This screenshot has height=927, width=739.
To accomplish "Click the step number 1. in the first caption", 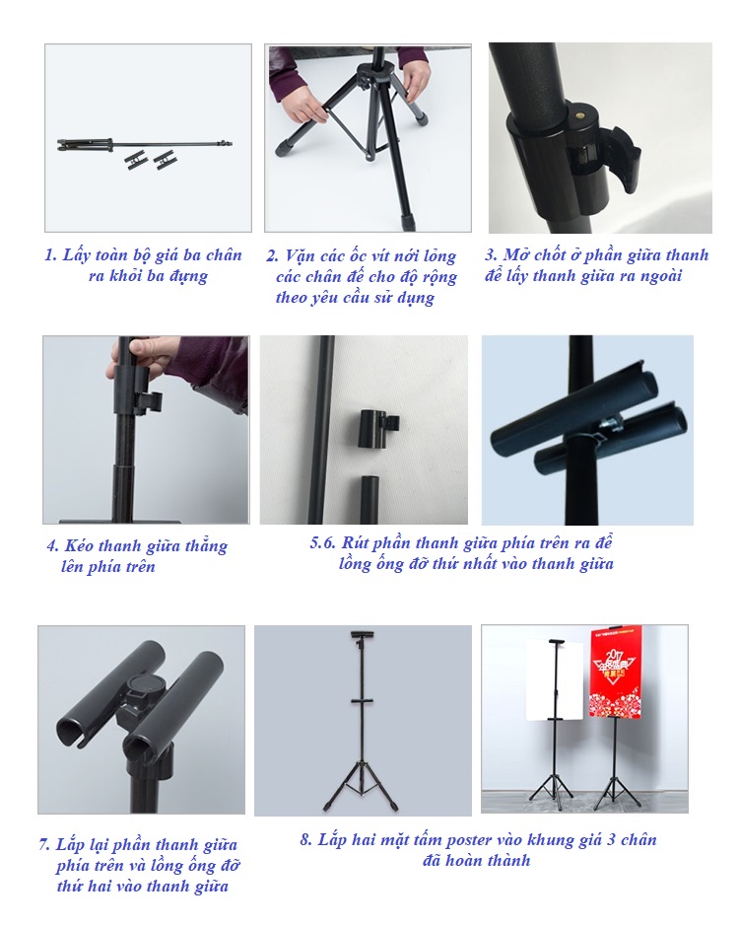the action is (50, 255).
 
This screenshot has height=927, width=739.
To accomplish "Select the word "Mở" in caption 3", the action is (515, 254).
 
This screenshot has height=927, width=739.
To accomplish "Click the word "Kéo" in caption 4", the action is (79, 545).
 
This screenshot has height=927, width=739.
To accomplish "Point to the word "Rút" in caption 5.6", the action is (355, 542).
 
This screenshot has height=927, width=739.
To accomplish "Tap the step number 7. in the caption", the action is (45, 845).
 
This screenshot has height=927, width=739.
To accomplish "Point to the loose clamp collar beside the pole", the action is (378, 426).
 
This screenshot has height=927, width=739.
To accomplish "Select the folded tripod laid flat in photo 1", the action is (144, 144).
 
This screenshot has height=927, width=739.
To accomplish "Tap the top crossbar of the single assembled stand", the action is (364, 633).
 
